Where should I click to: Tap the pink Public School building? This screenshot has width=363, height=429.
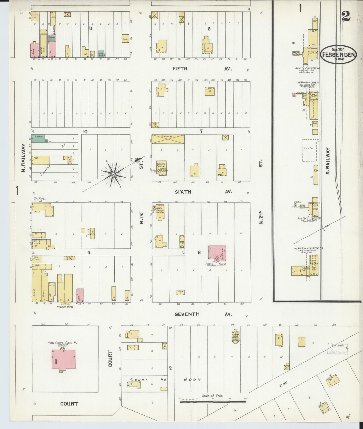click(x=217, y=252)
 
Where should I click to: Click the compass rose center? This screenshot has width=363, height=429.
click(x=114, y=174)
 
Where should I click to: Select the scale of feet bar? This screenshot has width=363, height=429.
click(x=213, y=402)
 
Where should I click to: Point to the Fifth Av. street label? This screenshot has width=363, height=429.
click(x=180, y=68)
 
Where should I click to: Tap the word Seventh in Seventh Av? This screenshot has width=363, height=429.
click(x=187, y=314)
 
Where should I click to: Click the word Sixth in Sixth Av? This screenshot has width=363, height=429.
click(x=183, y=192)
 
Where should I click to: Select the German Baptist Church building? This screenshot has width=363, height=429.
click(x=162, y=167)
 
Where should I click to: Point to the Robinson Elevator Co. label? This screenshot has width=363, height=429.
click(x=309, y=248)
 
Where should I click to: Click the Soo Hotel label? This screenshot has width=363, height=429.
click(x=39, y=198)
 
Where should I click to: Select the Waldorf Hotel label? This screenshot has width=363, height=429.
click(x=65, y=307)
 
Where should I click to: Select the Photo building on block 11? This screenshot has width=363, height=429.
click(x=125, y=38)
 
